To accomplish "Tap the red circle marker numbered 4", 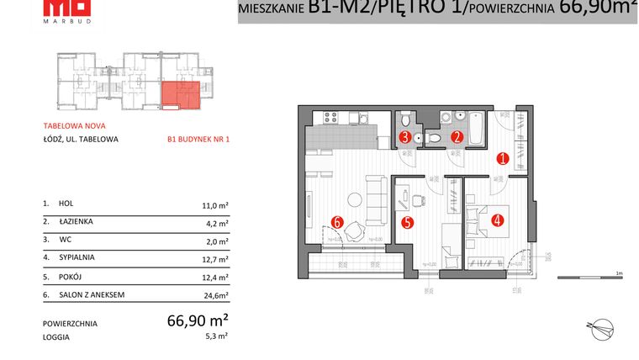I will coord(498,221).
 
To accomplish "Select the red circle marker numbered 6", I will coord(337,222).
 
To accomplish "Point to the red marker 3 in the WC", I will coord(404,136).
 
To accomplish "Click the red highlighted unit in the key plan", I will coord(181,94).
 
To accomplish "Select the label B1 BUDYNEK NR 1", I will coord(198,140).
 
